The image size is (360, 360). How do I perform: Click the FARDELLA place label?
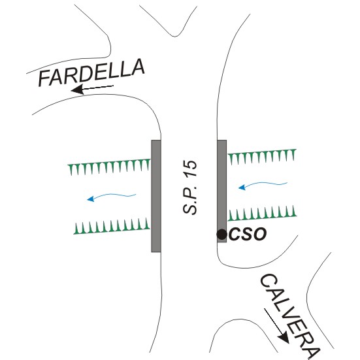point(91,73)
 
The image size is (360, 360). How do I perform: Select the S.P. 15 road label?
point(190,188)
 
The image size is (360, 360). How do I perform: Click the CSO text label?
point(248,234)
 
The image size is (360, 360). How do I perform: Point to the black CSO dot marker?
point(221,235)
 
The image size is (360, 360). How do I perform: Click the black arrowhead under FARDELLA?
point(77,90)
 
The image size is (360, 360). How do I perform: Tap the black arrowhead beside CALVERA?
point(284,338)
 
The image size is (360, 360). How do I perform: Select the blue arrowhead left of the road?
point(91,199)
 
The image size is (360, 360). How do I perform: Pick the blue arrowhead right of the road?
point(242,188)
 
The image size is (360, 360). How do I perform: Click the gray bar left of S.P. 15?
point(156,196)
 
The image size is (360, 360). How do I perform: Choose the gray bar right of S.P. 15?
point(222,191)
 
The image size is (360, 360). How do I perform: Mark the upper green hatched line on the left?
point(109,167)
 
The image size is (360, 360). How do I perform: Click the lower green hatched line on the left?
point(112,226)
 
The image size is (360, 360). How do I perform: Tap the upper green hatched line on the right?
point(262,157)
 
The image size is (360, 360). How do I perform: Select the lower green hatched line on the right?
point(262,213)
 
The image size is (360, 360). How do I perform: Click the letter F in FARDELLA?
point(44,78)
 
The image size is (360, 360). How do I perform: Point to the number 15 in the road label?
point(190,169)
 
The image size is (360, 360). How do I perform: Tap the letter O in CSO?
point(260,234)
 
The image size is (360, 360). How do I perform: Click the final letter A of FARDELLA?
point(138,67)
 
